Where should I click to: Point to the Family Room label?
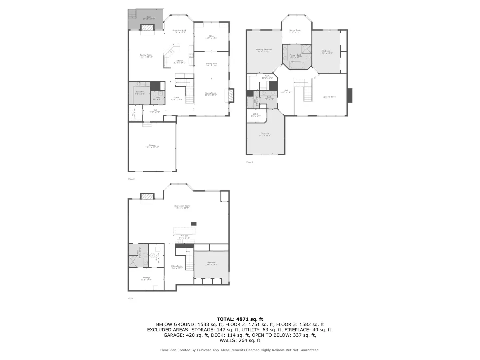point(146,56)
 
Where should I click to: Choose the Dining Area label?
point(211,64)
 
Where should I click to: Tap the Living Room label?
point(211,94)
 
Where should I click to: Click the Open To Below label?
point(329,97)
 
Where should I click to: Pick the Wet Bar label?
point(184,237)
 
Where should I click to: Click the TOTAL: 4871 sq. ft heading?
point(240,319)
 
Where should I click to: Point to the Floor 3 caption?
point(249,162)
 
